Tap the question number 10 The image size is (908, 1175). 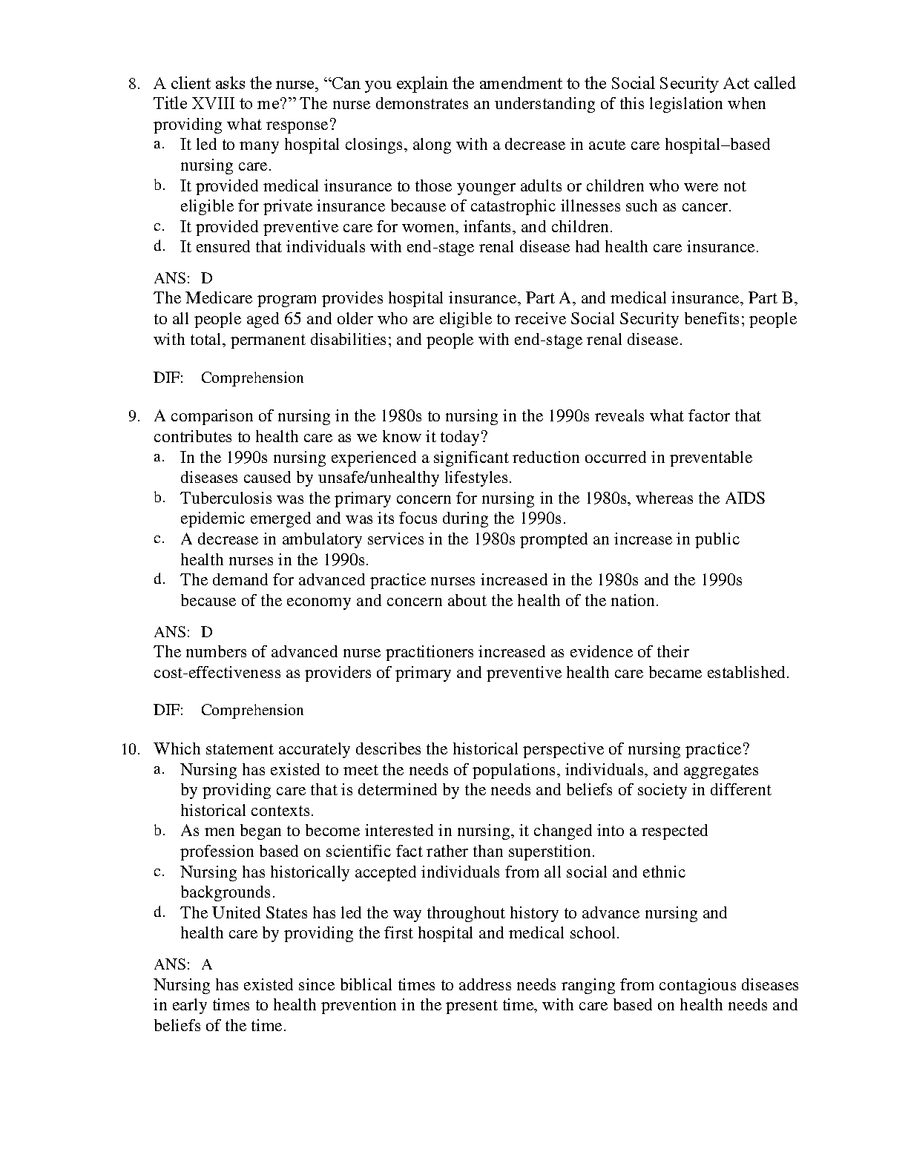tap(131, 749)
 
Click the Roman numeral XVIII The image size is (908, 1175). tap(210, 104)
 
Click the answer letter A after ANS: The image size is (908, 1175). tap(207, 964)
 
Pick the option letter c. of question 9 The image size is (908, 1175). tap(159, 539)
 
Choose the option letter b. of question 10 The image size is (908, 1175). tap(159, 831)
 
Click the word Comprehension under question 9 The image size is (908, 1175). tap(252, 711)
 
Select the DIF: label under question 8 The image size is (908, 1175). tap(168, 378)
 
